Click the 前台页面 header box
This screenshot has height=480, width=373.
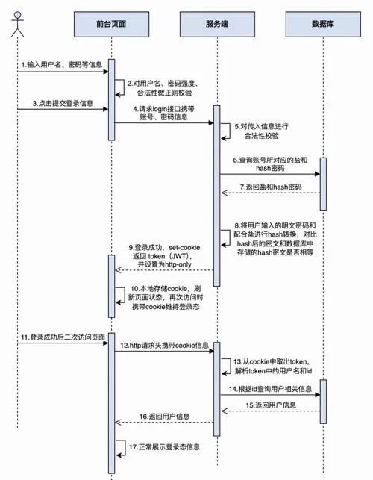[111, 23]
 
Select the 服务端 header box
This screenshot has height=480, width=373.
[216, 23]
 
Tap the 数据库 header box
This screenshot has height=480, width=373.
[322, 23]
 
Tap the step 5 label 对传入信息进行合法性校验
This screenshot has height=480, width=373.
[260, 132]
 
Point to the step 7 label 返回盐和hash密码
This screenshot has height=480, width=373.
[272, 187]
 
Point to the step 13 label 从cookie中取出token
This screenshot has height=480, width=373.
[272, 365]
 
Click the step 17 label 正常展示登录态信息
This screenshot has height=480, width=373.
[163, 446]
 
